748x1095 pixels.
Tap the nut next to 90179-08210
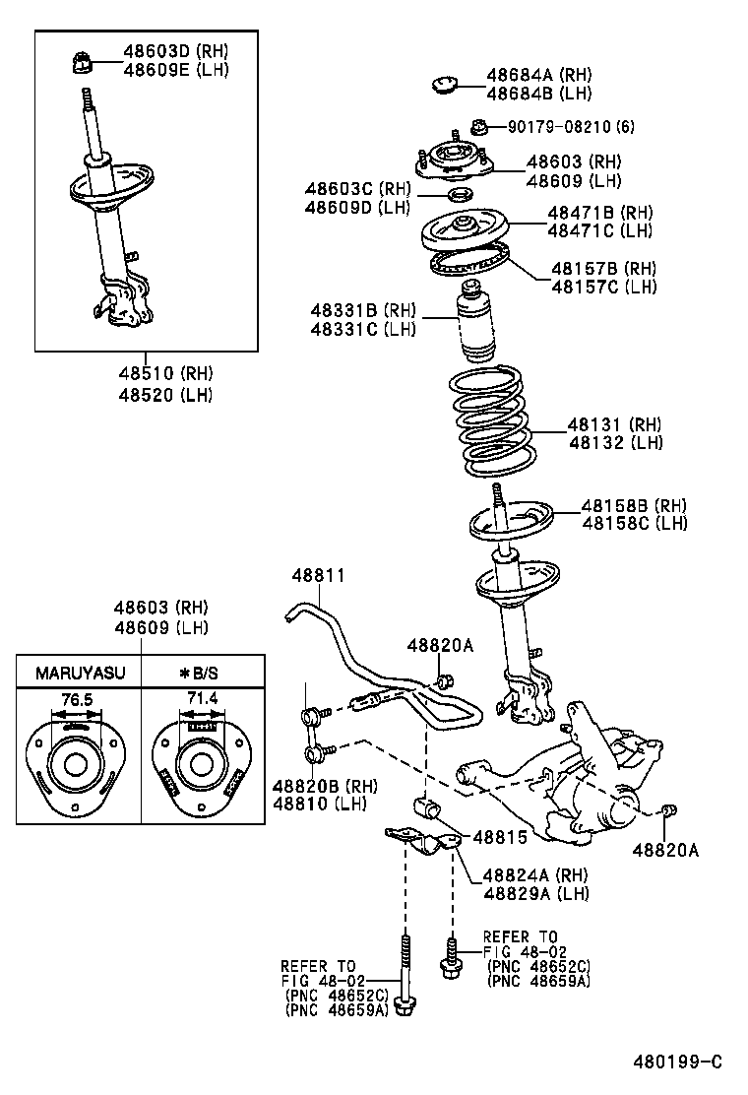point(479,126)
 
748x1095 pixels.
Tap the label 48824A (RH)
point(535,875)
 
